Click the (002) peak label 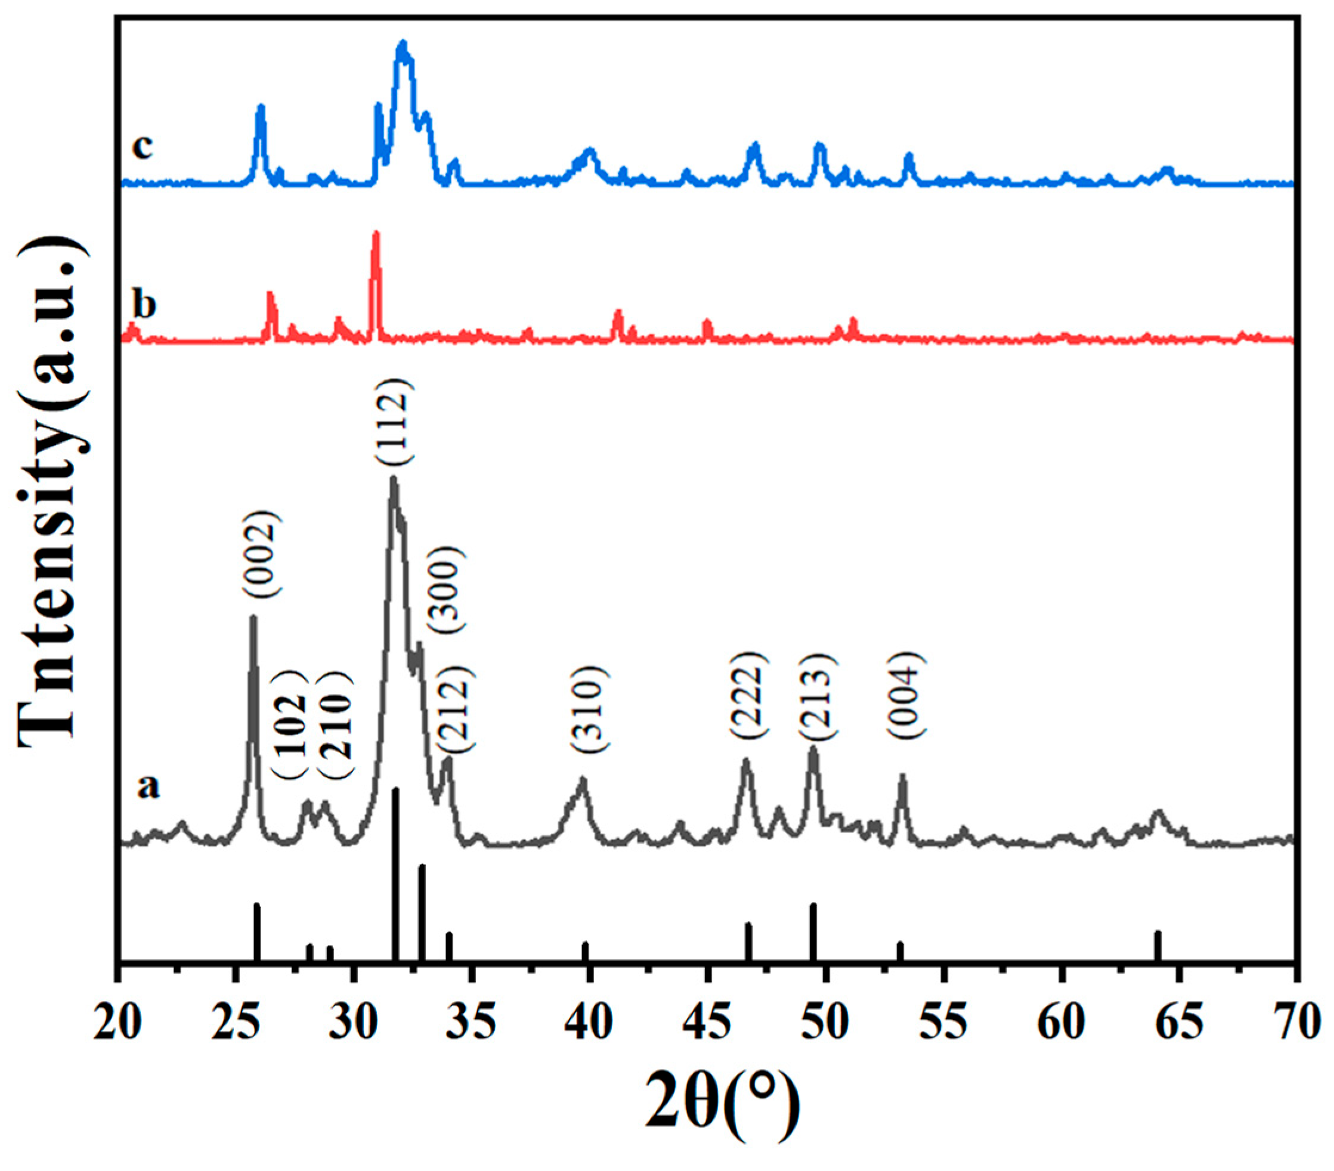[x=263, y=554]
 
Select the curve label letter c [x=143, y=147]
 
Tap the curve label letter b [x=144, y=304]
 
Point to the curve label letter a [x=148, y=787]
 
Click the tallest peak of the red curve [x=375, y=235]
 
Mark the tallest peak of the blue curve [x=403, y=44]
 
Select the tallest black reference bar [x=395, y=874]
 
